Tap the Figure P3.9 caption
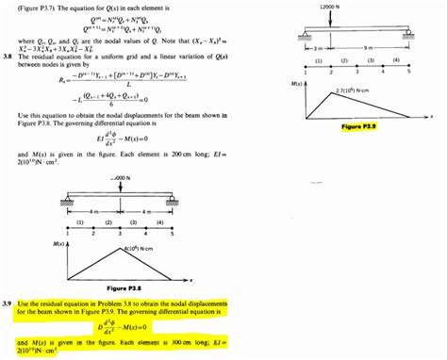tap(358, 125)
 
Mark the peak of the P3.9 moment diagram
tap(331, 94)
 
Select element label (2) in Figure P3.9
tap(344, 59)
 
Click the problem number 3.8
tap(8, 57)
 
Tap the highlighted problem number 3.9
tap(8, 303)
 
